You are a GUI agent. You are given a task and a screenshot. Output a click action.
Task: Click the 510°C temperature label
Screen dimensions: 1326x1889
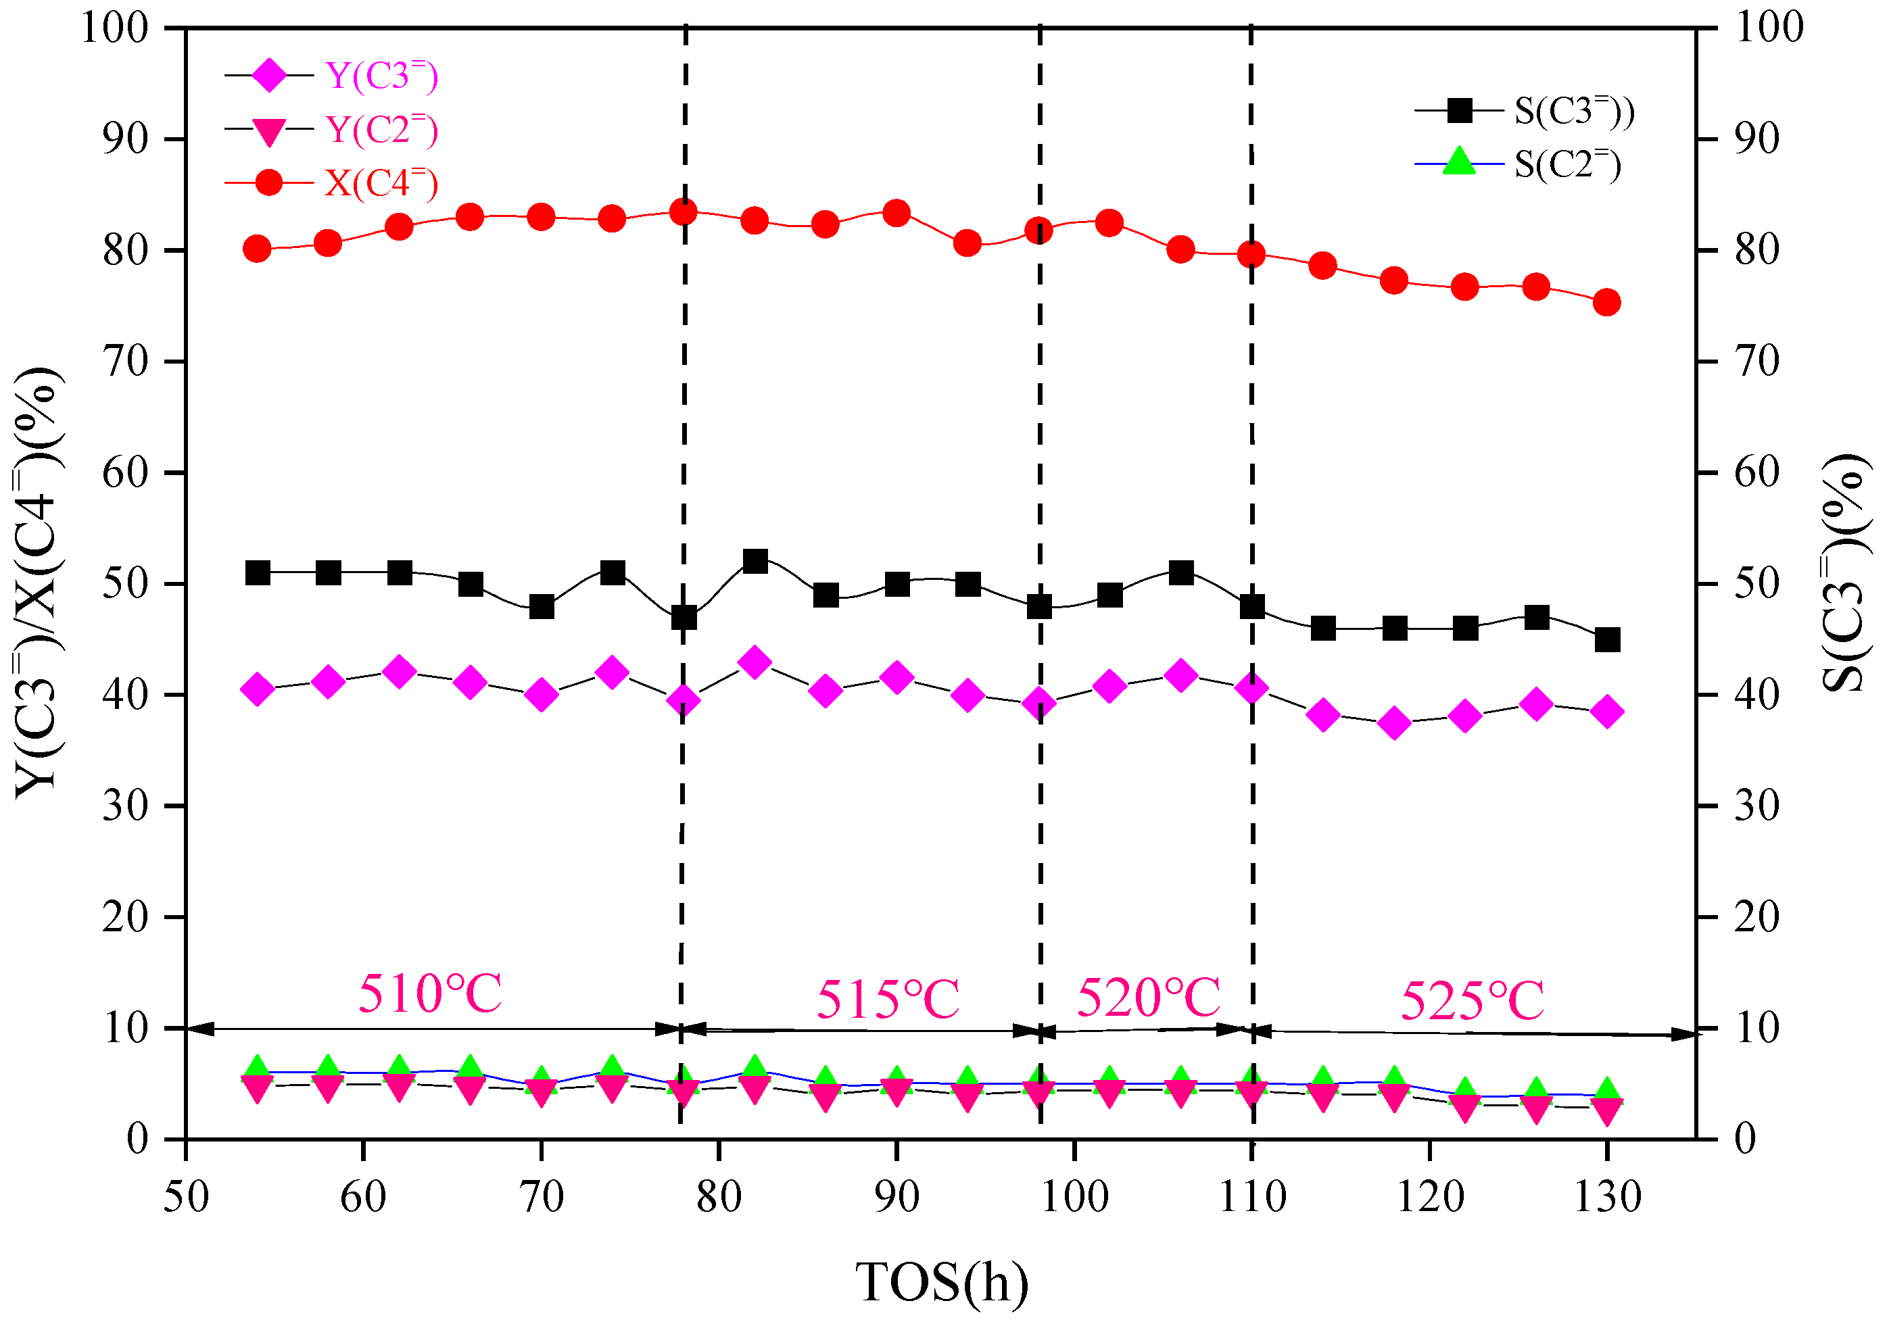429,993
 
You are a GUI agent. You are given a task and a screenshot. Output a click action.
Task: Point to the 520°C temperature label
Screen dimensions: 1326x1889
1149,998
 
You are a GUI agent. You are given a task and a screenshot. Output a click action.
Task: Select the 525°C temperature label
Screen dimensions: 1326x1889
1472,1001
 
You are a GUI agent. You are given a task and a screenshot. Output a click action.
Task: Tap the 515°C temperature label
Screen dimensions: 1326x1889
888,1000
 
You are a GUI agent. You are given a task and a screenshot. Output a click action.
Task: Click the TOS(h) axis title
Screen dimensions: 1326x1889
942,1281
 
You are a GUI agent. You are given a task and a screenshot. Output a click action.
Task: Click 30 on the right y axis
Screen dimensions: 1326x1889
1756,806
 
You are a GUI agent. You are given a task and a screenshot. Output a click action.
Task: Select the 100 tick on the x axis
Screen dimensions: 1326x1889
1074,1197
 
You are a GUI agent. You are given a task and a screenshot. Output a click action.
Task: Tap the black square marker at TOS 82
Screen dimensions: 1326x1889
755,562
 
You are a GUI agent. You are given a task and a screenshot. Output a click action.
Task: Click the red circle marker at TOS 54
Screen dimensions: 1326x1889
258,249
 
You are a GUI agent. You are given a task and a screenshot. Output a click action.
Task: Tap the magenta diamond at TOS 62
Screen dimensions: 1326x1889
400,672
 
